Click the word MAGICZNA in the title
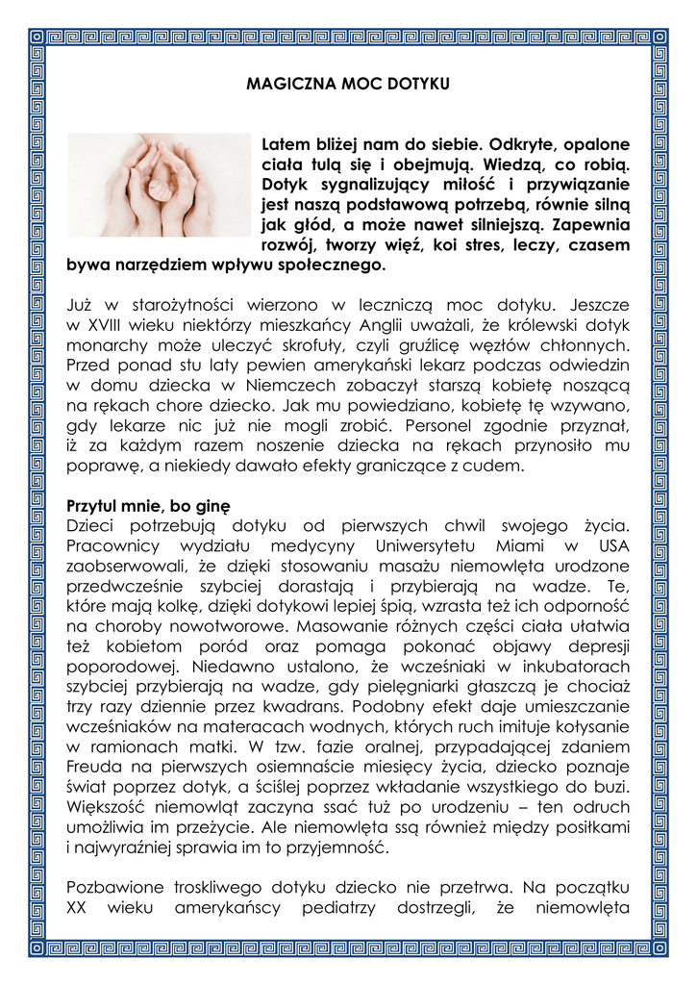(282, 85)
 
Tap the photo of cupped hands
(159, 185)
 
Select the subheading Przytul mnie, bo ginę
(148, 506)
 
